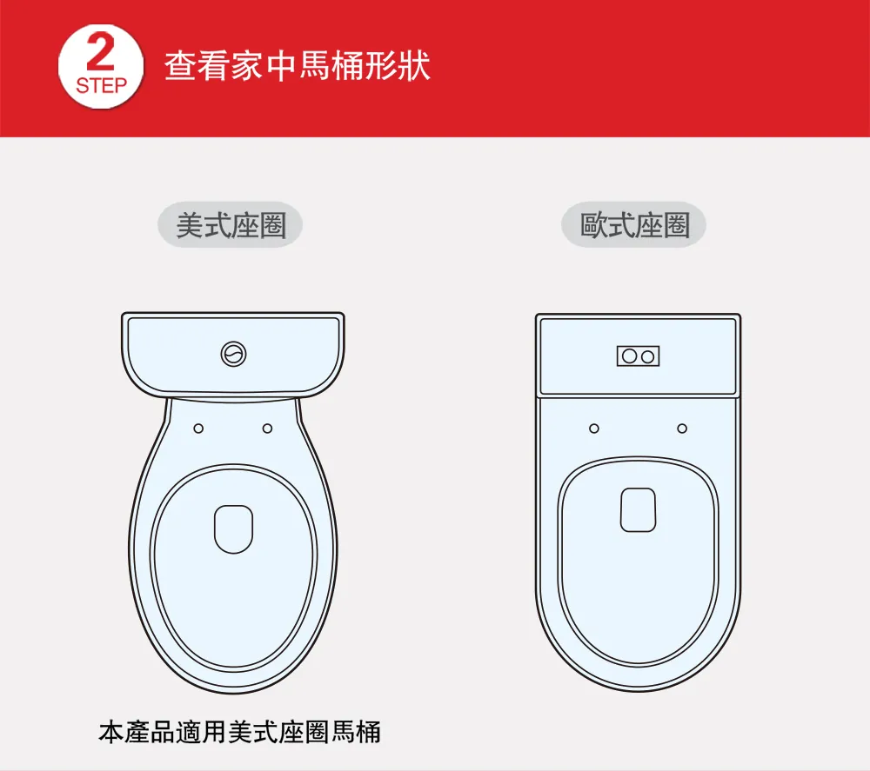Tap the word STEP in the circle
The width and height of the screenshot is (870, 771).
tap(102, 85)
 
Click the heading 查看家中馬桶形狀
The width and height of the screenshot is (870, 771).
tap(297, 66)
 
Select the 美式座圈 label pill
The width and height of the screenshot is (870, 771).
tap(231, 225)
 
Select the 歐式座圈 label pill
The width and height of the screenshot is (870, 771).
tap(633, 225)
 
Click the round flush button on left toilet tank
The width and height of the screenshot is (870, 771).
tap(233, 354)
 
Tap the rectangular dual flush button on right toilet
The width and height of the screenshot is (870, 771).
tap(638, 356)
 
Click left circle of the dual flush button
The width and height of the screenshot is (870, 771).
tap(629, 356)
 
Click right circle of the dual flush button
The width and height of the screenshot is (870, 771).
tap(647, 356)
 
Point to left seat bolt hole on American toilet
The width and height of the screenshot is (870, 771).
tap(198, 429)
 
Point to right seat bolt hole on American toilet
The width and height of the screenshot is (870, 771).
tap(267, 429)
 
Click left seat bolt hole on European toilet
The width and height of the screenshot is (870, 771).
tap(594, 429)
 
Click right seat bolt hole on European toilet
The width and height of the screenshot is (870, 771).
tap(682, 429)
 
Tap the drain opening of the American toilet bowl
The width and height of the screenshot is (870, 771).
tap(233, 528)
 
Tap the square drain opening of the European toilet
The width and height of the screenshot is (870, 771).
tap(638, 510)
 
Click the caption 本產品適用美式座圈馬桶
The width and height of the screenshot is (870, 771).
tap(240, 732)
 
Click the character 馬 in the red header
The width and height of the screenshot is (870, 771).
tap(314, 66)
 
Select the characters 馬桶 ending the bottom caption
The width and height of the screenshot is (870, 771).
tap(356, 732)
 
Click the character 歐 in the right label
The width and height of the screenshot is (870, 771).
tap(594, 225)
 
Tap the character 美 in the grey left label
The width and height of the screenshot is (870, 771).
tap(191, 225)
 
